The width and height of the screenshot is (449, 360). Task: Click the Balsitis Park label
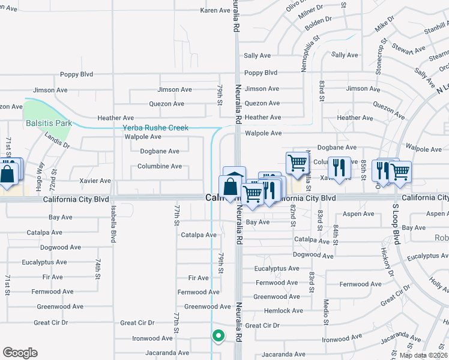pyautogui.click(x=49, y=123)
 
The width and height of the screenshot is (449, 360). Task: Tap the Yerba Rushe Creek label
pyautogui.click(x=155, y=128)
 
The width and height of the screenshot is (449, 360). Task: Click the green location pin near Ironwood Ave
pyautogui.click(x=218, y=337)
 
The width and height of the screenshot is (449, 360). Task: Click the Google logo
pyautogui.click(x=20, y=353)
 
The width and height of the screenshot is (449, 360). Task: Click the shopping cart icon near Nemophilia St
pyautogui.click(x=297, y=163)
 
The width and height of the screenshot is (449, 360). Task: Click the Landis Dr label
pyautogui.click(x=58, y=140)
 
